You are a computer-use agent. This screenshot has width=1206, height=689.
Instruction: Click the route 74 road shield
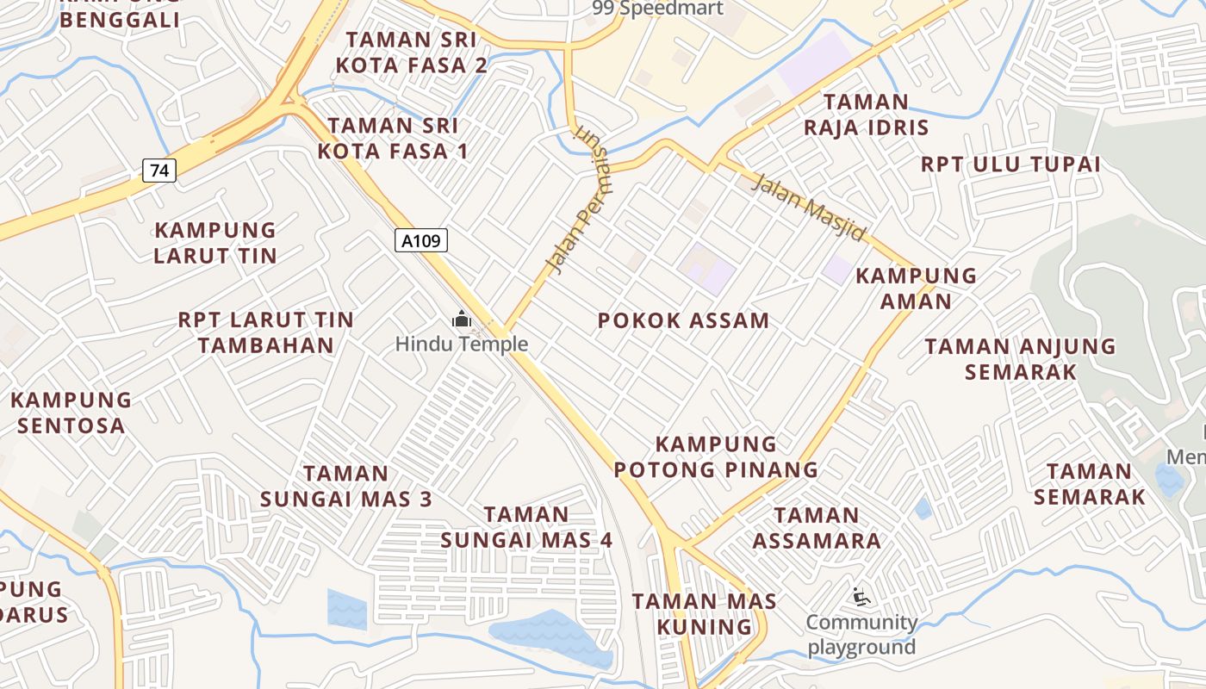[159, 171]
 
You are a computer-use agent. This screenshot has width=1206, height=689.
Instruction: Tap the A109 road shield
[422, 241]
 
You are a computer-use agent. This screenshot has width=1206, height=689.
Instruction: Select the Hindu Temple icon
[462, 320]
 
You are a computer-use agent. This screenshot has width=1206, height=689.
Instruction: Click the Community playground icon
[861, 596]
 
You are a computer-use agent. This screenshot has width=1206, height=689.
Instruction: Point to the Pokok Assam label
[683, 321]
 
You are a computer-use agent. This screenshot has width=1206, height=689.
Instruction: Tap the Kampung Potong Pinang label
[737, 457]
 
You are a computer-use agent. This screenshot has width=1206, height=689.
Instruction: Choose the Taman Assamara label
[817, 528]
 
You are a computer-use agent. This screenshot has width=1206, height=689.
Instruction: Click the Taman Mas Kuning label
[705, 614]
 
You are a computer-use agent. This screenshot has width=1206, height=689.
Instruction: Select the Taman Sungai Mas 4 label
[526, 527]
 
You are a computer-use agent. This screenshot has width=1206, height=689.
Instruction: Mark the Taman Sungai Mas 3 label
[346, 486]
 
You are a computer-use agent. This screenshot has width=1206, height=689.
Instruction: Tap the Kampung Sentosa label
[71, 413]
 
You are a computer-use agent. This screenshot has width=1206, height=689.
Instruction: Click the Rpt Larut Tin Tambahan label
[266, 332]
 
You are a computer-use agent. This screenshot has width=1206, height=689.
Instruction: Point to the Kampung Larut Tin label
[215, 243]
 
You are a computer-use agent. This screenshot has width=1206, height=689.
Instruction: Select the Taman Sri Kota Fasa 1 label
[393, 139]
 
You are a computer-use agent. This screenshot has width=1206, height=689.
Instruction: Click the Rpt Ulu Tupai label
[1011, 164]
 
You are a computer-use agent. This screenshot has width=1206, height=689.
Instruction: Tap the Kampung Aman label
[916, 289]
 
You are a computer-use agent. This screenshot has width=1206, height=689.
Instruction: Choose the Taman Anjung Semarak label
[1021, 359]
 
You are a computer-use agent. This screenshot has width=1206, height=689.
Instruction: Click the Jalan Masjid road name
[808, 208]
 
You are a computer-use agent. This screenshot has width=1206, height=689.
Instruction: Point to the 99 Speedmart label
[658, 9]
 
